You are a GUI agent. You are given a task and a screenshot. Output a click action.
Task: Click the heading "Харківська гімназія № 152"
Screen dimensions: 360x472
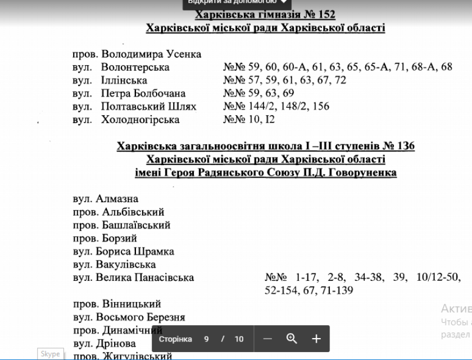coord(265,15)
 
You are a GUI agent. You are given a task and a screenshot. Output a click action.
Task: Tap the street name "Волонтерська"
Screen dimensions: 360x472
coord(135,67)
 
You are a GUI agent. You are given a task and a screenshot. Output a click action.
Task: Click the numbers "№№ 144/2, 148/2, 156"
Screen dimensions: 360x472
coord(276,106)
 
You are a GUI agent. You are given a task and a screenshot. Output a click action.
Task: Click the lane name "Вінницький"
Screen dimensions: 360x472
coord(131,304)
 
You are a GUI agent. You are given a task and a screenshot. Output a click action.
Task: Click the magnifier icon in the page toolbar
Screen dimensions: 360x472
coord(291,339)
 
